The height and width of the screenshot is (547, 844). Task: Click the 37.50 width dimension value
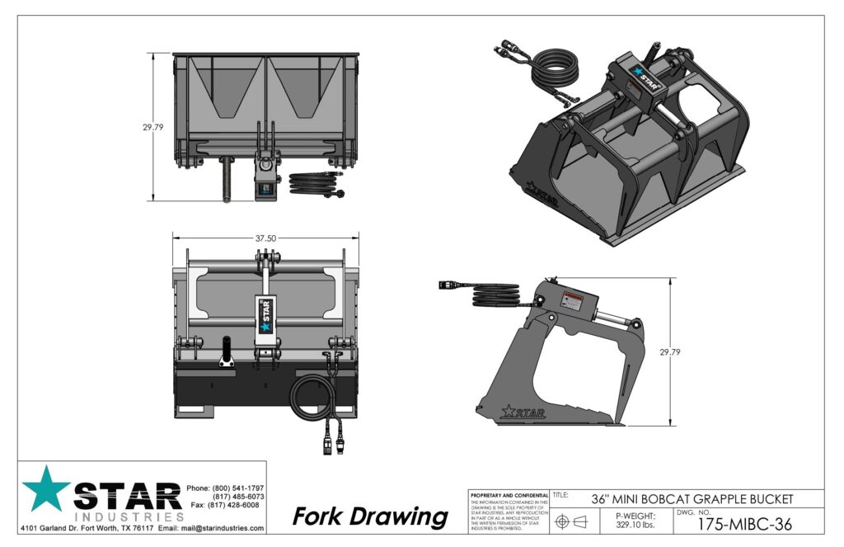coord(265,238)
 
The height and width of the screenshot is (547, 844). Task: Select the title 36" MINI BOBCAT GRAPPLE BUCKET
coord(692,498)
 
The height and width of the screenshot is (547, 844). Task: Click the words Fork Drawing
coord(370,517)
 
